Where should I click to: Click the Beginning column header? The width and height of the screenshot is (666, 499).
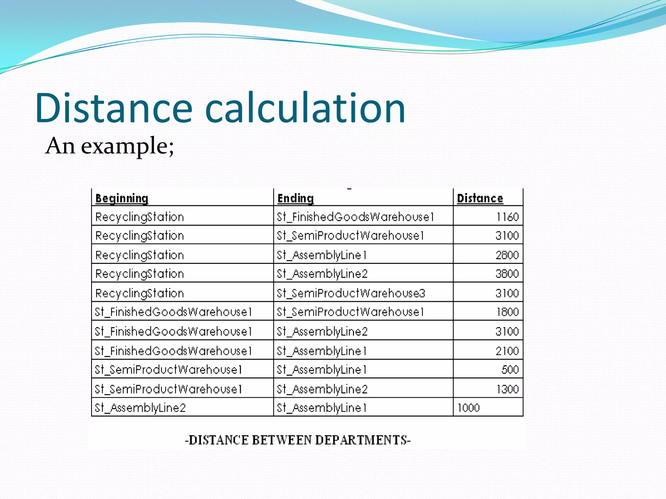click(x=122, y=198)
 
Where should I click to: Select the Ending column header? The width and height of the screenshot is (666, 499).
click(x=295, y=198)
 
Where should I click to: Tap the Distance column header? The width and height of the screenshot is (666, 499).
click(x=480, y=198)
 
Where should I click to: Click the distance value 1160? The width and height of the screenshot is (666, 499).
click(x=507, y=217)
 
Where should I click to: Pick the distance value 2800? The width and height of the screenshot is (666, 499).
click(x=507, y=255)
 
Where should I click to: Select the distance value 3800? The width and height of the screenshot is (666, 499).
click(x=507, y=274)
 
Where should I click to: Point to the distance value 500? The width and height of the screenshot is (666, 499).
click(x=510, y=370)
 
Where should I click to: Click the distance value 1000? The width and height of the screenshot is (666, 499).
click(x=468, y=408)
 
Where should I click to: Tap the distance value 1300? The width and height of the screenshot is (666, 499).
click(x=507, y=389)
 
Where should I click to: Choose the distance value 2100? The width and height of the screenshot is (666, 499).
click(x=507, y=351)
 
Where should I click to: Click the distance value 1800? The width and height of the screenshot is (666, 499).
click(x=507, y=312)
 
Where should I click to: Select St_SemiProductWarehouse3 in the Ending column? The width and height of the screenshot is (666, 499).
click(x=351, y=293)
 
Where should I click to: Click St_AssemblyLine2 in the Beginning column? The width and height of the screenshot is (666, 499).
click(x=140, y=408)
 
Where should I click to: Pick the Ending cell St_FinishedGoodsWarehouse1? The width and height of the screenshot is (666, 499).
click(x=355, y=217)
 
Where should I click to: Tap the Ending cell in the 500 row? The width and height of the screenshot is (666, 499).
click(x=322, y=370)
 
